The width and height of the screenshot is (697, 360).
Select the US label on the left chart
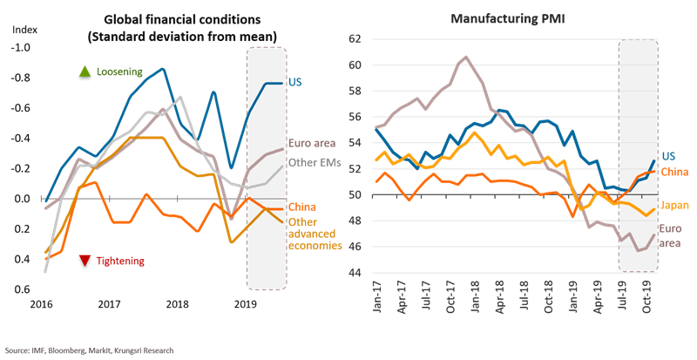click(x=294, y=82)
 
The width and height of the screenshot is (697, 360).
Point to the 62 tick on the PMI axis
click(x=354, y=39)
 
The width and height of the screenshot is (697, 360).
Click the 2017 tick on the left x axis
click(x=109, y=304)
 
